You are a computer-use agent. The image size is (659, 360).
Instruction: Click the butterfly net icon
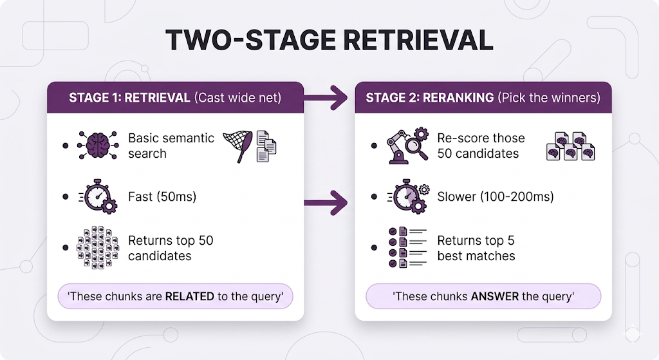(237, 144)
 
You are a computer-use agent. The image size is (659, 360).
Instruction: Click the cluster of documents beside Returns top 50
(98, 248)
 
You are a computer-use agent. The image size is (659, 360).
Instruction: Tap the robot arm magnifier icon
(407, 146)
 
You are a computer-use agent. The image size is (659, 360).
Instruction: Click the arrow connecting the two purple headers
(328, 99)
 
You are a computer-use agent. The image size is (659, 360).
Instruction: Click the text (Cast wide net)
(238, 98)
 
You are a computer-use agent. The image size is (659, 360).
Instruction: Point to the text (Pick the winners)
(549, 98)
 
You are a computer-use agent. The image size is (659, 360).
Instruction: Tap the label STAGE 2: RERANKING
(429, 98)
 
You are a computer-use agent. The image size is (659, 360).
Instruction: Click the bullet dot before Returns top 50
(66, 248)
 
